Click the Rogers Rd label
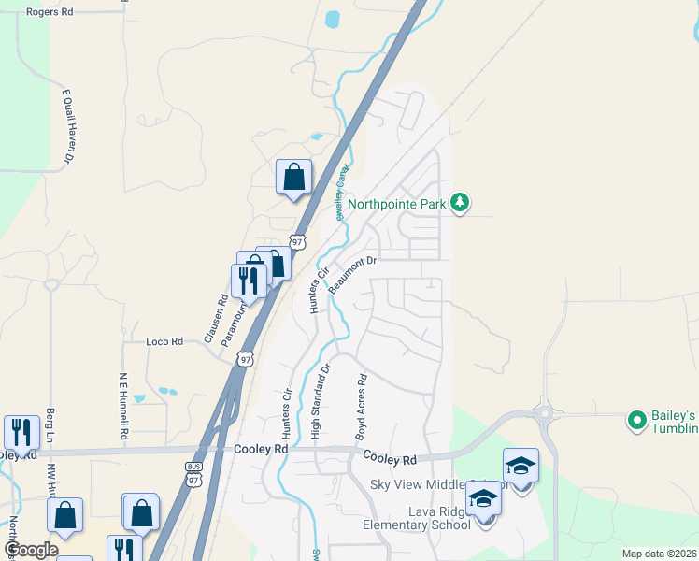(x=50, y=12)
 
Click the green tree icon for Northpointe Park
(x=459, y=202)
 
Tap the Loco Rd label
(x=164, y=342)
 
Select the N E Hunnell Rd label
(x=122, y=407)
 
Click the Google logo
(x=32, y=549)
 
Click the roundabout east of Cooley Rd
(x=545, y=411)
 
